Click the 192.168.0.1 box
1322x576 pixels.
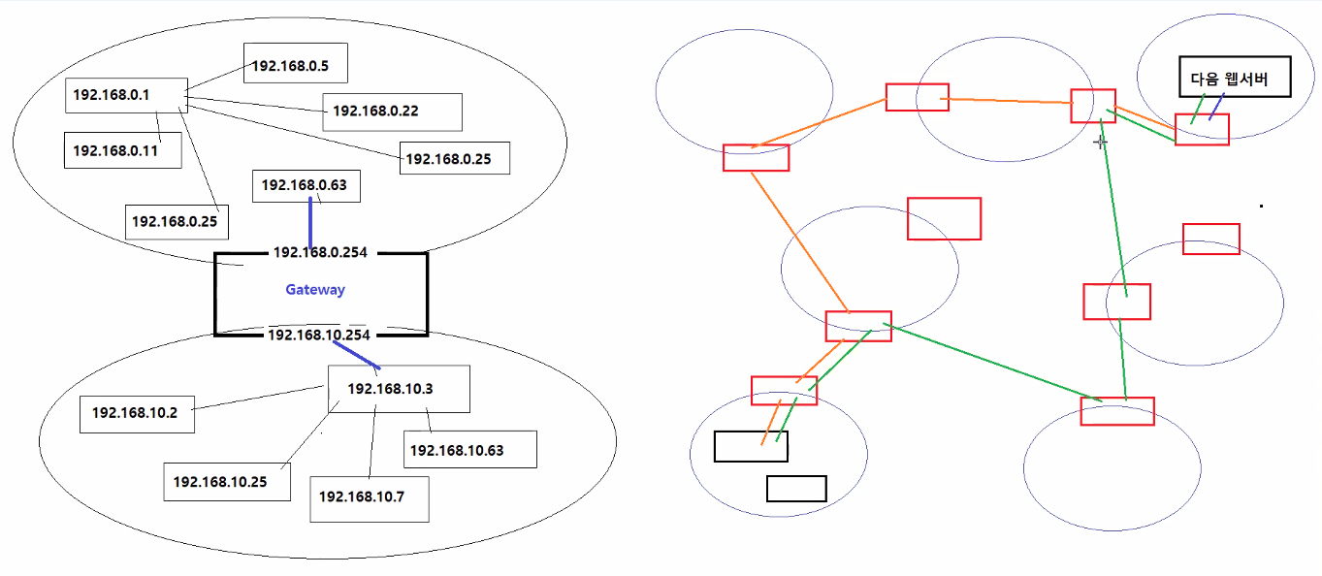point(125,95)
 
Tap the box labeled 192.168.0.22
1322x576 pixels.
point(392,112)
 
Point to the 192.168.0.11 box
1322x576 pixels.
point(122,150)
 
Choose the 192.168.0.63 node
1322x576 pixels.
point(306,185)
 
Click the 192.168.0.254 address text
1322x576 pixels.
point(320,252)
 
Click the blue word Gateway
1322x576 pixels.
point(315,289)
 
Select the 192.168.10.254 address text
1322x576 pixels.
point(318,335)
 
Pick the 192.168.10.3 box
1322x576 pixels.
point(398,389)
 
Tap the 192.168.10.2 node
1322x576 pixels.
point(136,413)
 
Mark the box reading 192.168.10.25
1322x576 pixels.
point(227,481)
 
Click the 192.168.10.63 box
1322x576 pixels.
point(469,450)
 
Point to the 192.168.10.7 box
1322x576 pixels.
point(369,496)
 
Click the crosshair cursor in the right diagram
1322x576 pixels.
point(1101,142)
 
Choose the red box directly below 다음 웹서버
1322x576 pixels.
point(1202,130)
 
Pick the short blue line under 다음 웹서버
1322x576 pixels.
point(1215,107)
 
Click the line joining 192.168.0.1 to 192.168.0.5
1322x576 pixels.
point(215,80)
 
